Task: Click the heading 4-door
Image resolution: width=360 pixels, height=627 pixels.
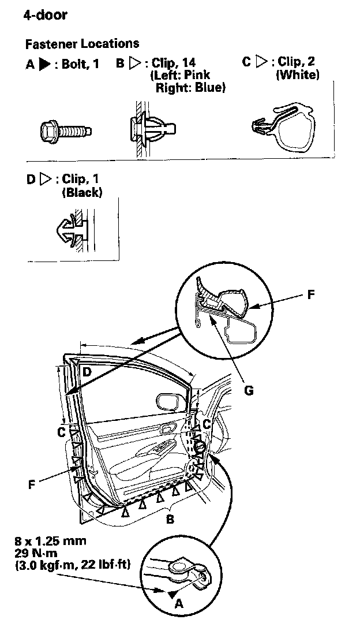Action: pyautogui.click(x=45, y=15)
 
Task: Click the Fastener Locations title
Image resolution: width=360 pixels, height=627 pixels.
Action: pyautogui.click(x=82, y=43)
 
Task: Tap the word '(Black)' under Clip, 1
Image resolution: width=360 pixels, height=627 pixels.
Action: pyautogui.click(x=81, y=193)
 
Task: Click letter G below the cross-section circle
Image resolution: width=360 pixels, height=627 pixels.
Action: pyautogui.click(x=249, y=390)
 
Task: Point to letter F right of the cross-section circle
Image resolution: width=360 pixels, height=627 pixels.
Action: pyautogui.click(x=311, y=295)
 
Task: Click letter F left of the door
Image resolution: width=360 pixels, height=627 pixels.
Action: pyautogui.click(x=31, y=484)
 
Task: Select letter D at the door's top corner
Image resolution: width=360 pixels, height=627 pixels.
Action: pyautogui.click(x=86, y=372)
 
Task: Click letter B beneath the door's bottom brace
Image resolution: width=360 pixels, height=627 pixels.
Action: pyautogui.click(x=170, y=519)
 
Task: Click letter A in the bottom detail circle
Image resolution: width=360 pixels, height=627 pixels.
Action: pyautogui.click(x=178, y=604)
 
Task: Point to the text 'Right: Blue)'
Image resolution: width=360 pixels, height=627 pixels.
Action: pyautogui.click(x=190, y=88)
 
